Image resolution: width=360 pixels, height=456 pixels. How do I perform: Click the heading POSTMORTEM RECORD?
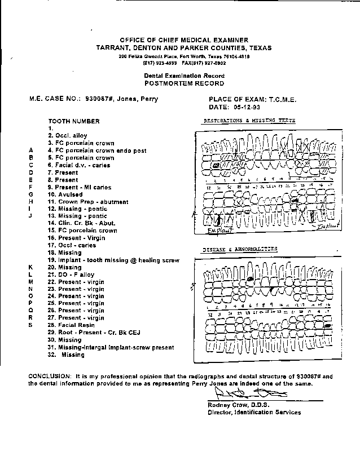(184, 83)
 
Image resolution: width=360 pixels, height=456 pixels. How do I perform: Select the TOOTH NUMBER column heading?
(73, 121)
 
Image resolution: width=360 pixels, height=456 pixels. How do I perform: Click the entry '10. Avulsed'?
(65, 194)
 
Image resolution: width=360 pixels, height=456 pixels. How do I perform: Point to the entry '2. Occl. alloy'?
(68, 136)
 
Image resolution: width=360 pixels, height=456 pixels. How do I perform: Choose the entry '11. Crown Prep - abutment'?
(88, 202)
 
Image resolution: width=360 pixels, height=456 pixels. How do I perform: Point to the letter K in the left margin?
(32, 267)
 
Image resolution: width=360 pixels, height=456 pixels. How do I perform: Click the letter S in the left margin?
(31, 325)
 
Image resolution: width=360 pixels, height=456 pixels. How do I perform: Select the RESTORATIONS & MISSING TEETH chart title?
(249, 121)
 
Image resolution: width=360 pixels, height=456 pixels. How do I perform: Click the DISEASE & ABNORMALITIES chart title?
(240, 249)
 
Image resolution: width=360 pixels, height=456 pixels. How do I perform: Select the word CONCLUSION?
(49, 376)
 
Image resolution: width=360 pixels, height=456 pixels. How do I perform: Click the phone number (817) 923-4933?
(147, 63)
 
